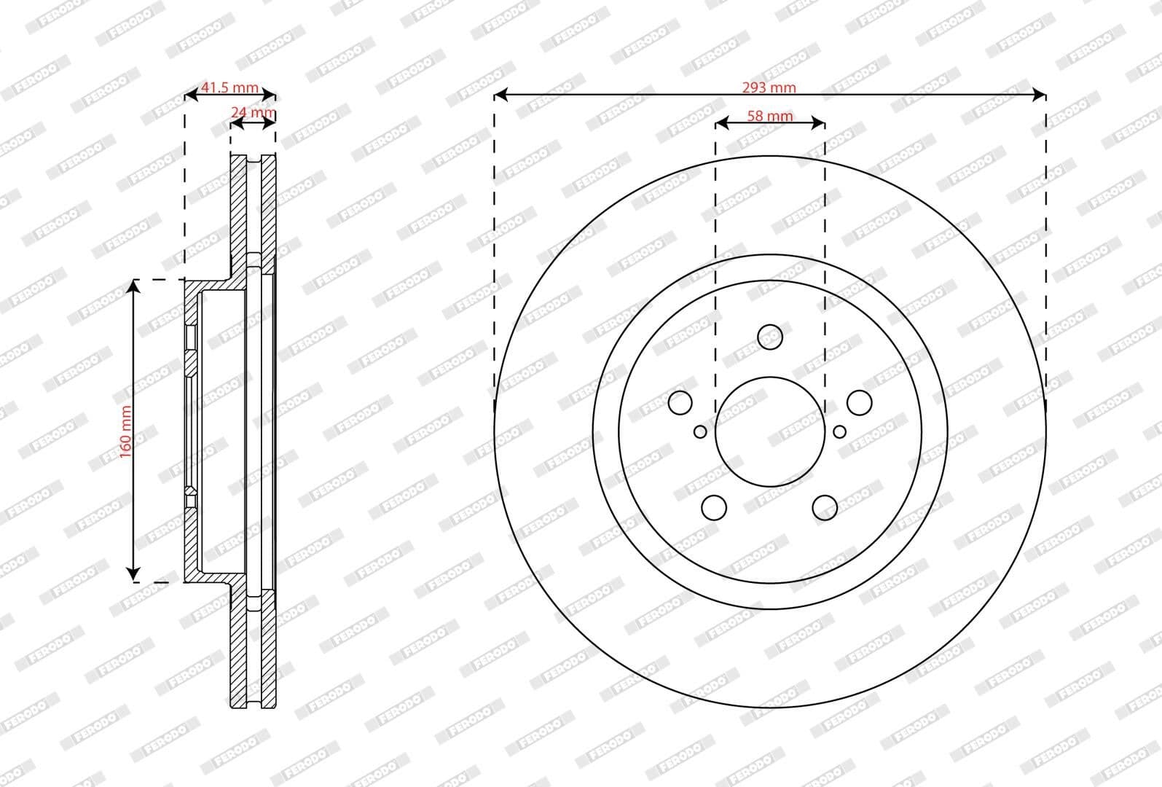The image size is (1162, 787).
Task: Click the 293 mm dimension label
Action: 769,87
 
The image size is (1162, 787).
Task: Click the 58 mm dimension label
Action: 770,116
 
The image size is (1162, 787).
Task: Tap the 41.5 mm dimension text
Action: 229,87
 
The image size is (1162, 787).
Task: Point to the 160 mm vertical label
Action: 125,431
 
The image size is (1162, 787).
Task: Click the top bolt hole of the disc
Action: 769,337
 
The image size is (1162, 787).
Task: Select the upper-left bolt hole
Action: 680,402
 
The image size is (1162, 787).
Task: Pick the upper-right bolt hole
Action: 860,402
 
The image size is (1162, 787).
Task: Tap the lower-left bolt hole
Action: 714,507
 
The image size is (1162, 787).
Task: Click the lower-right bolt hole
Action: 825,507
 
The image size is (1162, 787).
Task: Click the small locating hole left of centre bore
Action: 700,431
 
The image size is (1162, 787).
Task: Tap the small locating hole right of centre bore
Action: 839,431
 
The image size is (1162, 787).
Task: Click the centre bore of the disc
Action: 770,432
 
